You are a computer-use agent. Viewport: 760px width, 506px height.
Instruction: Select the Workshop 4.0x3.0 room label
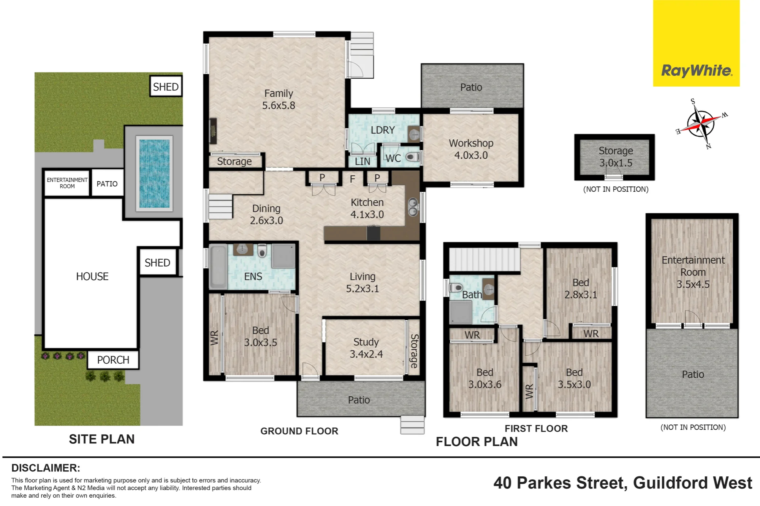[x=471, y=149]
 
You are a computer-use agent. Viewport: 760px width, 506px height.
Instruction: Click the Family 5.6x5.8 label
[x=279, y=99]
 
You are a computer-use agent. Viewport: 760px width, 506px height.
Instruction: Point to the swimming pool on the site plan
[x=154, y=173]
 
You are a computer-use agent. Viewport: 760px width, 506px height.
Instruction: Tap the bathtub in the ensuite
[x=218, y=267]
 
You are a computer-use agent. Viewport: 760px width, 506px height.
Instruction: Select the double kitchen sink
[x=413, y=207]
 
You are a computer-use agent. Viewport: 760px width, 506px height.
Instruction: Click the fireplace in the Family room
[x=213, y=131]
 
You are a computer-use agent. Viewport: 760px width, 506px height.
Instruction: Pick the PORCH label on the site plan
[x=113, y=360]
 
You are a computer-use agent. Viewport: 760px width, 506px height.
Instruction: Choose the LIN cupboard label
[x=363, y=161]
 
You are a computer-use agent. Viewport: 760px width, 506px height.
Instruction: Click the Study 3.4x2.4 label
[x=366, y=348]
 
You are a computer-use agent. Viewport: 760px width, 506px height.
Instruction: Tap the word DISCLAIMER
[x=46, y=468]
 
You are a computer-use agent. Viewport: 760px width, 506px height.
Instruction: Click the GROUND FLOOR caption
[x=299, y=431]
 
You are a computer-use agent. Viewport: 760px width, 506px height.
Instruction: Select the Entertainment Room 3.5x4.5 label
[x=693, y=272]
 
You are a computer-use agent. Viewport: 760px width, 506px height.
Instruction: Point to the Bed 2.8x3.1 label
[x=581, y=288]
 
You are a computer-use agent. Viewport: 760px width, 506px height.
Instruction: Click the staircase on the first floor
[x=484, y=260]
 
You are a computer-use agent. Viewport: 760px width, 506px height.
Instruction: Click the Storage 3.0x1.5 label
[x=616, y=157]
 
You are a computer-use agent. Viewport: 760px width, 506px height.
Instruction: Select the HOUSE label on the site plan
[x=92, y=276]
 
